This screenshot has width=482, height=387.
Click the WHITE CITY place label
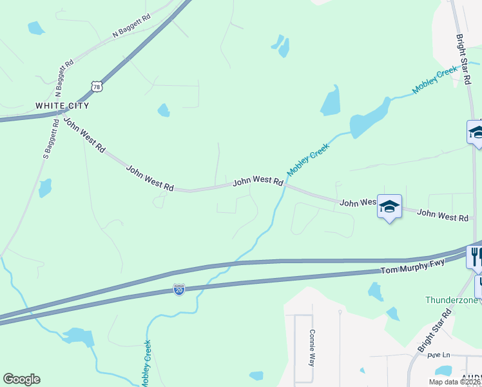62,105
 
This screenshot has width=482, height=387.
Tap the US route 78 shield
96,86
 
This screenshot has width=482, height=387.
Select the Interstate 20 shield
179,290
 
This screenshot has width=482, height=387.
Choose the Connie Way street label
312,348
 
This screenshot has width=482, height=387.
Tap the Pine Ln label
437,355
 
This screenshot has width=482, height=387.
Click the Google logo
21,379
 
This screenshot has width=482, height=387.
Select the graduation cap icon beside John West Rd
389,206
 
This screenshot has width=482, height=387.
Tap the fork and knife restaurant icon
475,256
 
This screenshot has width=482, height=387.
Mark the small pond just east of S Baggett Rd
44,188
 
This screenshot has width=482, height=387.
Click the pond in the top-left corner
36,28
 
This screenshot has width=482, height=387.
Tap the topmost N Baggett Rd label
131,25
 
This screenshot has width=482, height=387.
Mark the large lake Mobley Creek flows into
367,119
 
